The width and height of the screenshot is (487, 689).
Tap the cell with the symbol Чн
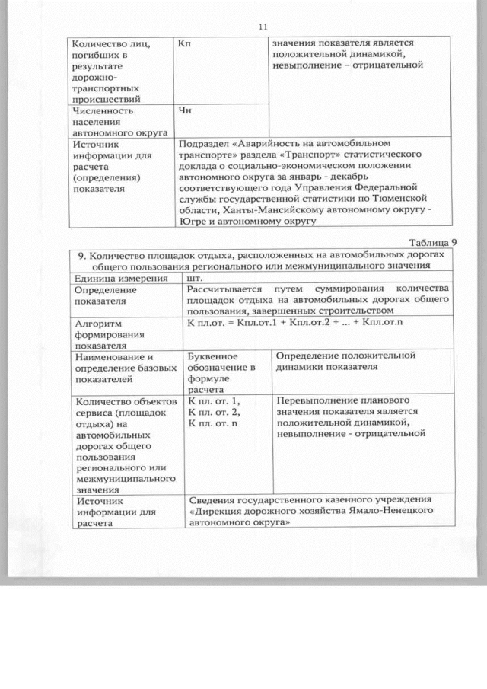click(x=183, y=111)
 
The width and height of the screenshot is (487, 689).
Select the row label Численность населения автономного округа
click(x=107, y=121)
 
